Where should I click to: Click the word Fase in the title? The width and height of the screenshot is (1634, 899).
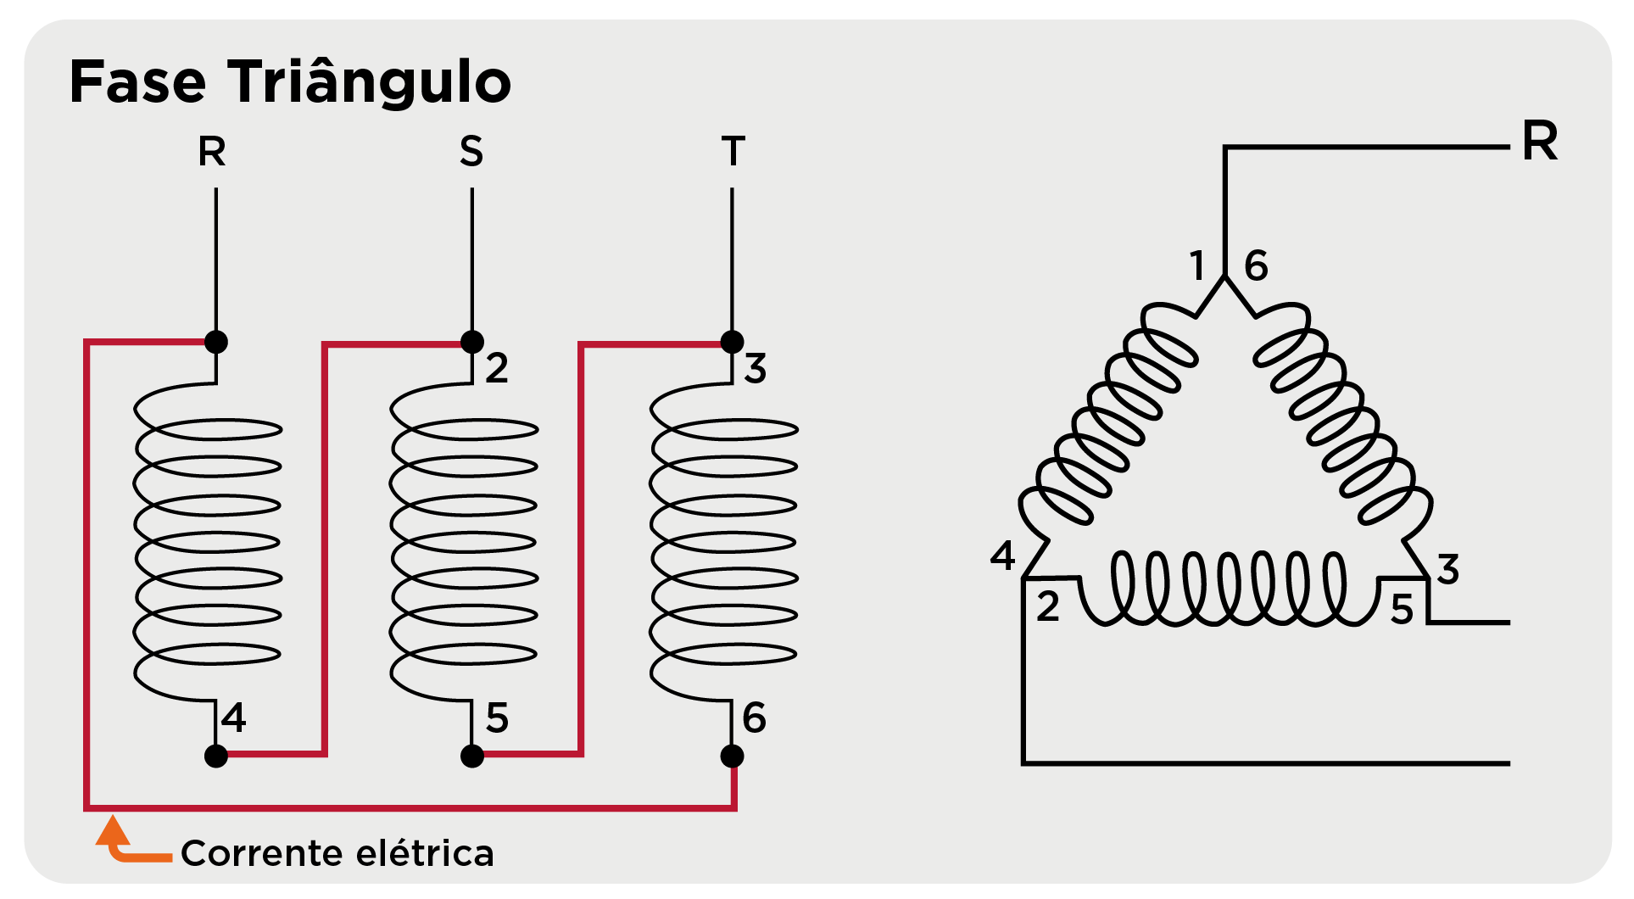(137, 82)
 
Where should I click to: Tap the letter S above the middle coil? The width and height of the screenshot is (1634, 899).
(471, 153)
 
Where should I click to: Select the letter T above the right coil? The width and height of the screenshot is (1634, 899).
(733, 153)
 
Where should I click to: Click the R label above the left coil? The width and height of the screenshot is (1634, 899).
(212, 153)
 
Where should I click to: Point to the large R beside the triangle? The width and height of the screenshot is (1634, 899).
(1540, 141)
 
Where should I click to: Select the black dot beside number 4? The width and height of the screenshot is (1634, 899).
(216, 756)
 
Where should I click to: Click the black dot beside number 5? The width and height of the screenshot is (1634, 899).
(472, 756)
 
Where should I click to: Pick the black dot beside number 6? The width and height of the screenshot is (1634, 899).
(732, 756)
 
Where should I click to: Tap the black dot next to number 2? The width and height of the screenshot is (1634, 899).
(472, 342)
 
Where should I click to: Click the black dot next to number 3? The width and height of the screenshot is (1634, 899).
(732, 342)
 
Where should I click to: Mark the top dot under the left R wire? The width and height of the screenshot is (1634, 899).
(216, 342)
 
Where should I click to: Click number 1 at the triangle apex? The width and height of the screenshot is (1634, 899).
(1196, 266)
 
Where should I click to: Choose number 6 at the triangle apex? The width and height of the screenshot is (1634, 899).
(1256, 266)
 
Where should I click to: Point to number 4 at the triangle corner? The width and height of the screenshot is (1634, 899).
(1002, 556)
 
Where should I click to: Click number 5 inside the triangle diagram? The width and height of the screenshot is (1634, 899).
(1402, 611)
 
